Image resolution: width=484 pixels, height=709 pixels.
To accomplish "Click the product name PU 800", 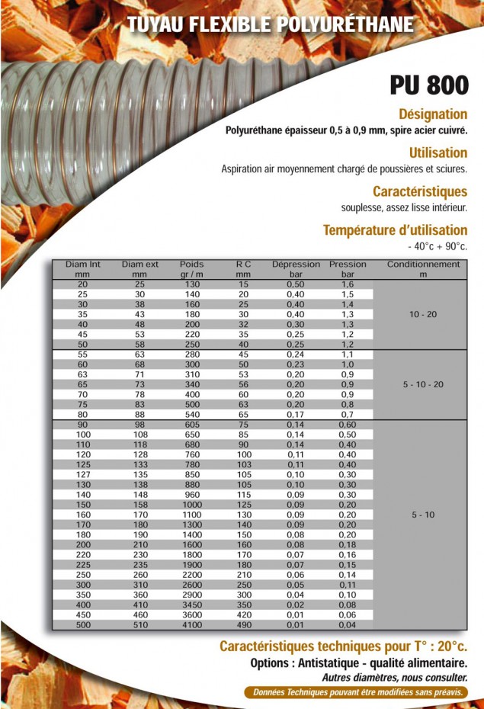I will click(x=428, y=85).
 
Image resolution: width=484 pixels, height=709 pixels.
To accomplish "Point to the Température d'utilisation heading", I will click(x=395, y=229).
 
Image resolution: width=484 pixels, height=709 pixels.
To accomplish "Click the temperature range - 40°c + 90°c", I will click(x=438, y=246).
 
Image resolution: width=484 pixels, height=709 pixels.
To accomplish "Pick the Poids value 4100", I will click(x=192, y=625).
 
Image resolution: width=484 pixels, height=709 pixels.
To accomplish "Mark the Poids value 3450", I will click(x=192, y=604).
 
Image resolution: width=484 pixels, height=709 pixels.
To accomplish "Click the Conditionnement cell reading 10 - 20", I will click(x=423, y=315).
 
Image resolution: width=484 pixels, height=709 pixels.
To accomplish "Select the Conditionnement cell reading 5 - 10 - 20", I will click(x=423, y=384).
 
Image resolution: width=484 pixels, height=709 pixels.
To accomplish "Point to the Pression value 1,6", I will click(x=348, y=284).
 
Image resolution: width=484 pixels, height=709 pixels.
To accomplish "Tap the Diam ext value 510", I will click(x=139, y=625).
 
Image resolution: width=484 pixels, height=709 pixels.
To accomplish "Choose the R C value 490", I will click(x=243, y=625).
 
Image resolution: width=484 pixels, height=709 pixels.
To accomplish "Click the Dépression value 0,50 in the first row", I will click(x=296, y=284).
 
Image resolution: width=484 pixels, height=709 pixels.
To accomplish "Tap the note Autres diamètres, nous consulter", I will click(x=394, y=678).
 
